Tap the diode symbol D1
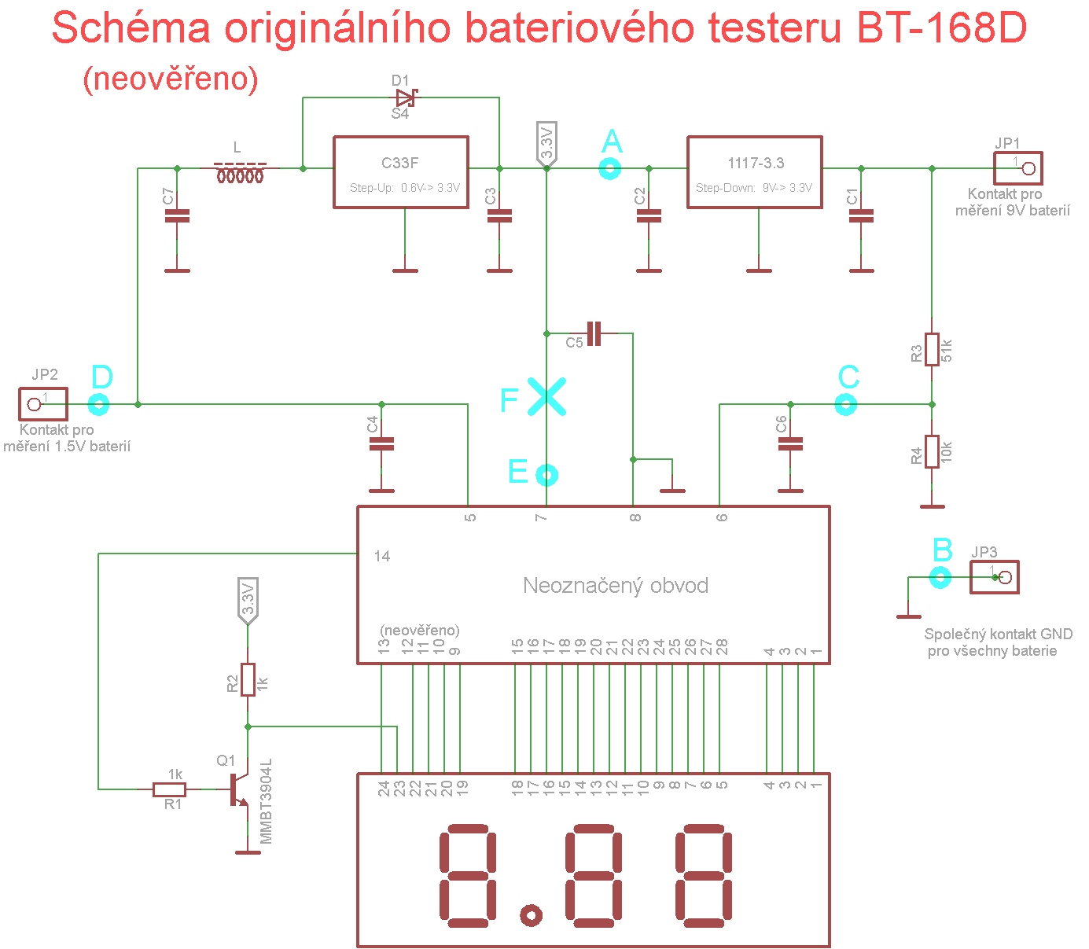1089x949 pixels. tap(406, 98)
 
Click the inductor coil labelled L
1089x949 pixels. tap(240, 173)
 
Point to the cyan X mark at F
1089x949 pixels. tap(546, 396)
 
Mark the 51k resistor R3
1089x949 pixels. tap(932, 349)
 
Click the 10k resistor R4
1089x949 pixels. tap(932, 451)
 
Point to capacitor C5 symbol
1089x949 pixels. tap(594, 333)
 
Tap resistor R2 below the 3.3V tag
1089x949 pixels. tap(248, 679)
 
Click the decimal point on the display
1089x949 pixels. tap(531, 915)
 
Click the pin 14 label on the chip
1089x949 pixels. tap(381, 556)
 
